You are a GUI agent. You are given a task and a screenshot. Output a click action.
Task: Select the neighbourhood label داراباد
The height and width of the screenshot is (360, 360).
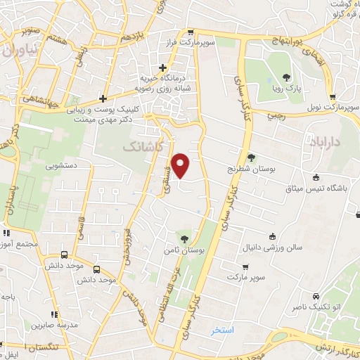point(328,142)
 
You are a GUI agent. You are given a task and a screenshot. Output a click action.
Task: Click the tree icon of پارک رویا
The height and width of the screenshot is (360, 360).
point(286,78)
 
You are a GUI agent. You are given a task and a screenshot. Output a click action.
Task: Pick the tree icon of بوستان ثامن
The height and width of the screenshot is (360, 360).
point(185,239)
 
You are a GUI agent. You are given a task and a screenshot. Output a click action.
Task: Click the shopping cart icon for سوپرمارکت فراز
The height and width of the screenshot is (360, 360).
point(191,33)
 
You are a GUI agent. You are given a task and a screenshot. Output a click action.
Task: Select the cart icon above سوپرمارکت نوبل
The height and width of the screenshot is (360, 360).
point(333,98)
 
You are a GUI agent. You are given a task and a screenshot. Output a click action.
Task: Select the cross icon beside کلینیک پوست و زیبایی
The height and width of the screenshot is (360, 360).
point(103,98)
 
